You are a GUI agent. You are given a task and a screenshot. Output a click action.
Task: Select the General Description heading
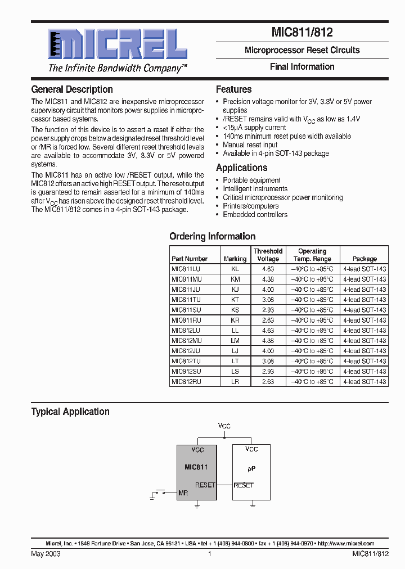(72, 89)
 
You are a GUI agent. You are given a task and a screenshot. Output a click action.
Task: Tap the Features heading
(233, 89)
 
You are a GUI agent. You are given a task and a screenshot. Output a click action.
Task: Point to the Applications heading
(241, 168)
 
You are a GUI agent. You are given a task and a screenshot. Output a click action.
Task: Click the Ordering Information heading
(212, 236)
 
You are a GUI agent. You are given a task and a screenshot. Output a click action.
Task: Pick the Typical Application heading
(70, 412)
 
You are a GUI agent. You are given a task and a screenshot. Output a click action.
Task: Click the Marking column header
(235, 259)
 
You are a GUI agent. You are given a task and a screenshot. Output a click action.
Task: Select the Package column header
(364, 259)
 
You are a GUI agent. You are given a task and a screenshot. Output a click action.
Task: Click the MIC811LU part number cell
(186, 269)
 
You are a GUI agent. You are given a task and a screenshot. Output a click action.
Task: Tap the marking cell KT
(235, 300)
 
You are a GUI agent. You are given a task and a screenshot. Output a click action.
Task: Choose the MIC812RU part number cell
(186, 381)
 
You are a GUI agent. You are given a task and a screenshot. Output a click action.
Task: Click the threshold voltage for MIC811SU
(268, 310)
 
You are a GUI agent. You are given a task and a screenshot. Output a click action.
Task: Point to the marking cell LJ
(235, 351)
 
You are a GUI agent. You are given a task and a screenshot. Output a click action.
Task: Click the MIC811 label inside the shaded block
(196, 467)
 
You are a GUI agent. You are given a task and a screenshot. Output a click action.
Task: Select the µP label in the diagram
(251, 468)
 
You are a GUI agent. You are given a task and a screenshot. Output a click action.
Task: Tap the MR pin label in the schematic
(183, 493)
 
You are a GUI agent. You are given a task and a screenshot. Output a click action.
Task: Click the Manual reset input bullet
(250, 144)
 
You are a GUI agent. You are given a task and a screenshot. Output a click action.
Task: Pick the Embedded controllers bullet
(255, 214)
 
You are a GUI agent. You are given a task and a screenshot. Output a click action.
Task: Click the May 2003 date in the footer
(46, 554)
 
